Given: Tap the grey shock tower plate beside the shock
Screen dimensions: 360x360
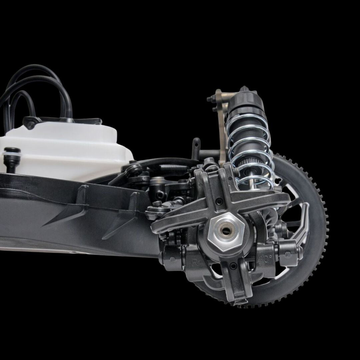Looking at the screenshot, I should [221, 127].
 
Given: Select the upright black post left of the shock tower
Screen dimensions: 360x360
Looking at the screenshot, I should [197, 147].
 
